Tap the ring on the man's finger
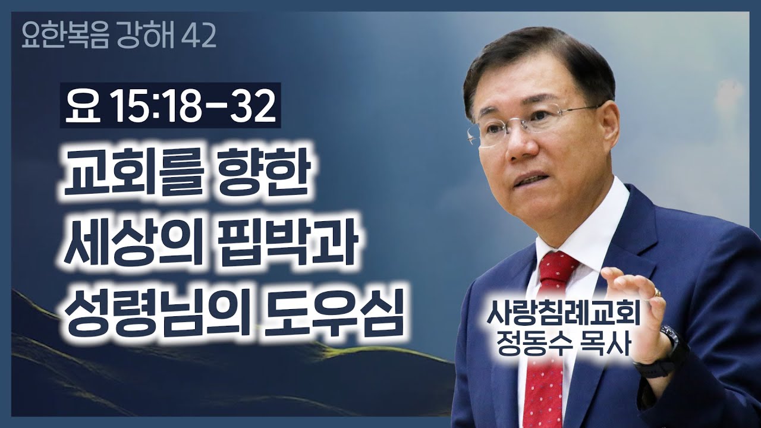click(656, 292)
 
